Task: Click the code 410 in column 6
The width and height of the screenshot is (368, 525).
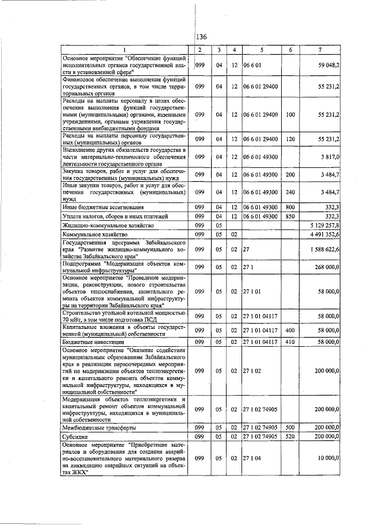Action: [290, 342]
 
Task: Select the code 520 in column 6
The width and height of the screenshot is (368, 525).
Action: [290, 437]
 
